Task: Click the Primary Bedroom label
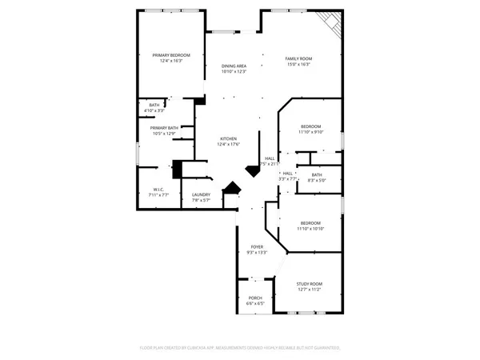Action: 170,55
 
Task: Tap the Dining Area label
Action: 234,66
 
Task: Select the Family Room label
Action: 299,58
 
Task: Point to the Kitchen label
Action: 229,138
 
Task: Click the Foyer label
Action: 257,246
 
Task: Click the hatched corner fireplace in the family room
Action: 329,24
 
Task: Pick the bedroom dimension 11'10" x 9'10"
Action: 310,133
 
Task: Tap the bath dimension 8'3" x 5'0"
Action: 317,181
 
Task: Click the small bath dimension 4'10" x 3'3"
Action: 154,110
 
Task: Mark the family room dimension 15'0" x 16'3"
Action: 299,65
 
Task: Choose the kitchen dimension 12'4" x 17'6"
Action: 229,145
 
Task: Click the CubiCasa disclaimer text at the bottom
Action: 240,348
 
